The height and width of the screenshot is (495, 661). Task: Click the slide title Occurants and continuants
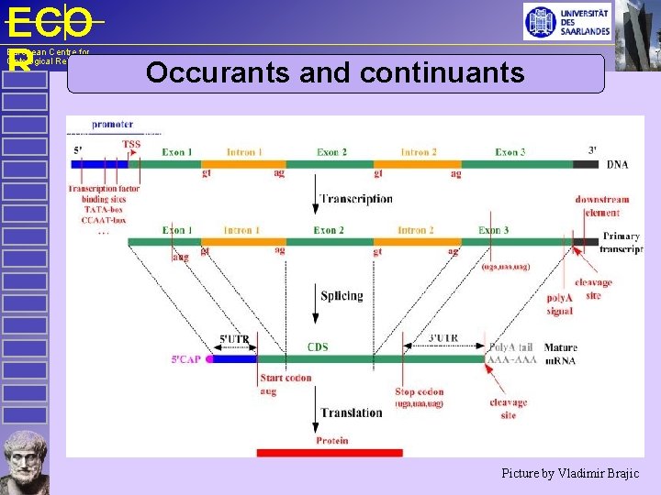[335, 72]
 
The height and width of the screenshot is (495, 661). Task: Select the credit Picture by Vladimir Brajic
[569, 474]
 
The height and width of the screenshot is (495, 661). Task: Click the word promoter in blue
[112, 125]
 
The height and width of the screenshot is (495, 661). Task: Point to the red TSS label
[131, 144]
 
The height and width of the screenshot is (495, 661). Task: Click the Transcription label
[357, 199]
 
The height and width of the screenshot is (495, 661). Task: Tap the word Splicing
[342, 295]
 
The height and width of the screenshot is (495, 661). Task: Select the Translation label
[352, 412]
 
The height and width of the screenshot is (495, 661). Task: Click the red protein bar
[330, 452]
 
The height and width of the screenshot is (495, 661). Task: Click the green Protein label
[331, 440]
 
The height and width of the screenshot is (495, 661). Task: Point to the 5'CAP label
[188, 358]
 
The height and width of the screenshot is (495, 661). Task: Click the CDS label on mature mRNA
[318, 347]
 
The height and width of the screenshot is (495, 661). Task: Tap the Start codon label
[286, 378]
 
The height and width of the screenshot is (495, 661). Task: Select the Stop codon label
[420, 391]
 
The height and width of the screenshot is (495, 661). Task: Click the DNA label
[618, 165]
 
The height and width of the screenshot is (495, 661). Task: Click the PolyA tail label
[510, 347]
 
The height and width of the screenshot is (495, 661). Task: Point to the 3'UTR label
[444, 337]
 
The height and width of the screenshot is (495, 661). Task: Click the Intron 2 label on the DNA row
[418, 152]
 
